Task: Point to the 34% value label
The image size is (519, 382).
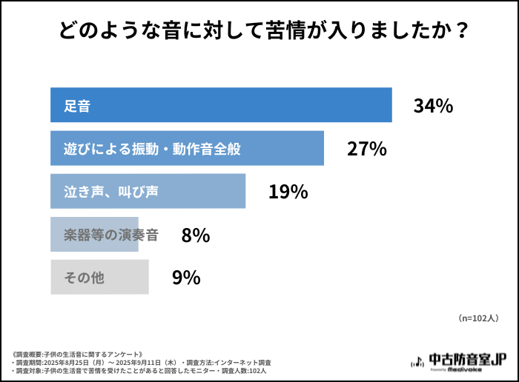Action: tap(433, 106)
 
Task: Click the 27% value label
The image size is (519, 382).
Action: tap(367, 149)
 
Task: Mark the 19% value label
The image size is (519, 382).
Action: tap(288, 192)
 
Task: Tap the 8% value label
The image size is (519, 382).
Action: tap(196, 235)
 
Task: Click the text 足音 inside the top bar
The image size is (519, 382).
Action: tap(77, 106)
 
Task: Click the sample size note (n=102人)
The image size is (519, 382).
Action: tap(477, 318)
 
